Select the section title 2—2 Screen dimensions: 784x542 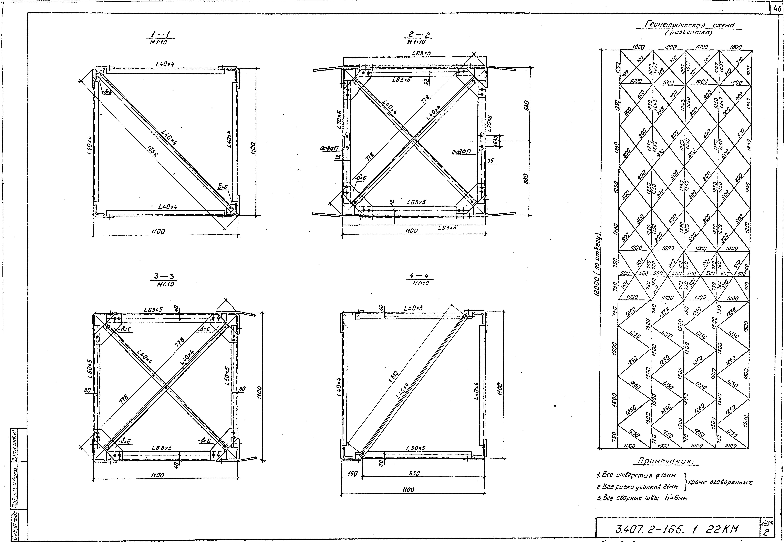[x=417, y=35]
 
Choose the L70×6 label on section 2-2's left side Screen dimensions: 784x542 [x=339, y=120]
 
